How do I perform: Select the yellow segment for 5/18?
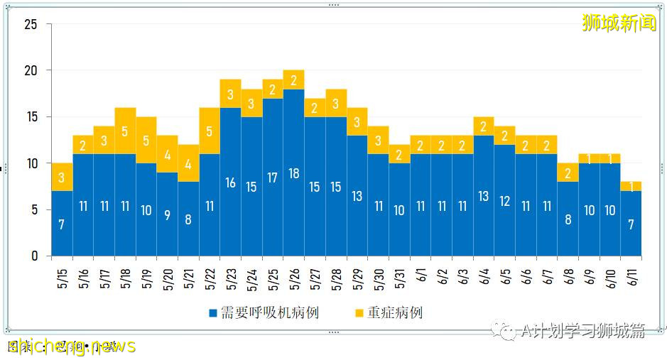(x=125, y=131)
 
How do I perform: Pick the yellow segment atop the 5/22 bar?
(x=210, y=131)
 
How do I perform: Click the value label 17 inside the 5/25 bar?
(x=273, y=178)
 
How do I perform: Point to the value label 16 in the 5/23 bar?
(x=231, y=182)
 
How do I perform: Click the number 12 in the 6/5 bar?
(x=504, y=201)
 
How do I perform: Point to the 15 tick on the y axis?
(x=31, y=117)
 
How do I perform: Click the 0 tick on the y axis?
(x=34, y=256)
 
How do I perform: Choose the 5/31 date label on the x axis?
(x=399, y=273)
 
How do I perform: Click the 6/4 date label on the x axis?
(x=484, y=273)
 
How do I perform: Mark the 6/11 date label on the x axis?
(x=631, y=273)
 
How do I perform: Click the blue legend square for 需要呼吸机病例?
(x=213, y=312)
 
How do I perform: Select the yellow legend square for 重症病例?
(x=359, y=312)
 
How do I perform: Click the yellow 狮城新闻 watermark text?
(x=619, y=23)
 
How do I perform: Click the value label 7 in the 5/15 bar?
(x=62, y=224)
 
